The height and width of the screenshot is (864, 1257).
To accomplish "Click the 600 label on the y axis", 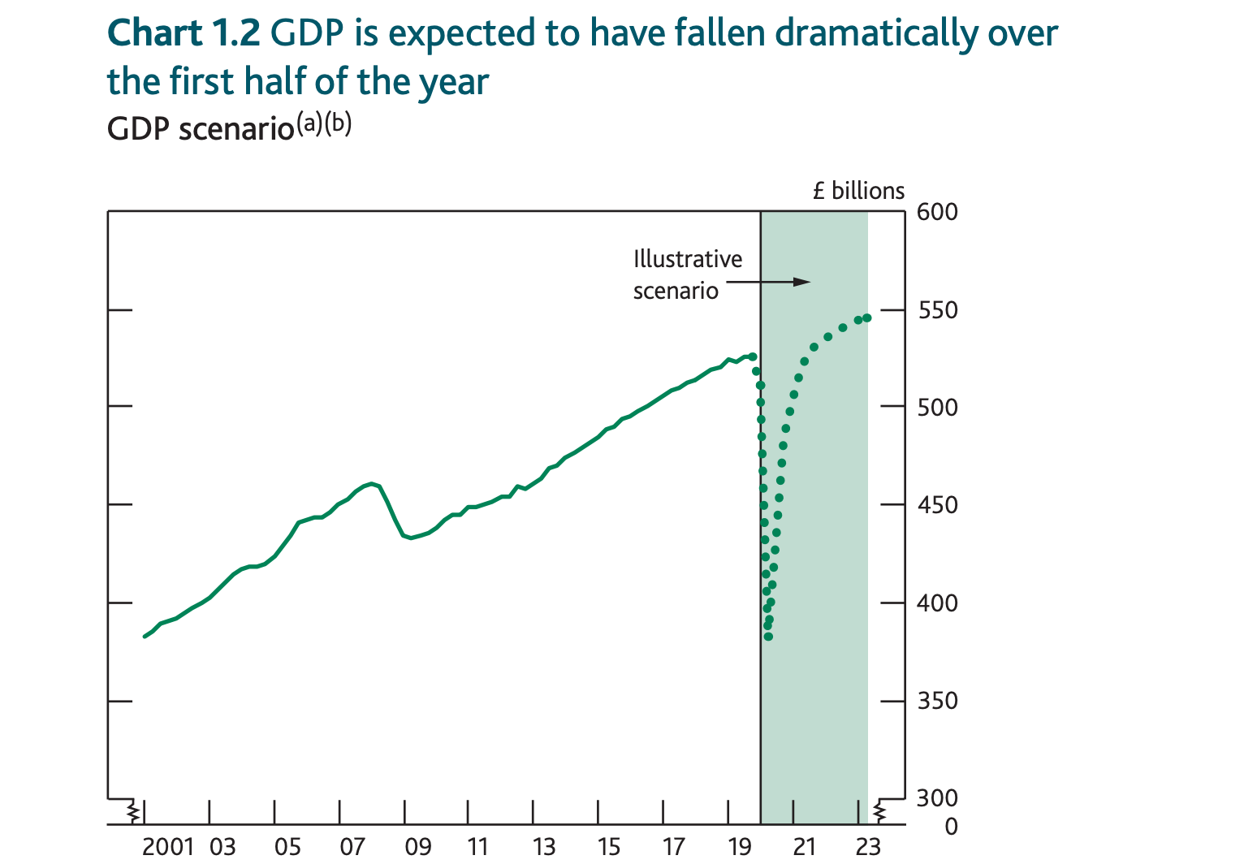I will click(x=937, y=212).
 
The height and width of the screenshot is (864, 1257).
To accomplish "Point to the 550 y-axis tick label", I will click(x=937, y=311).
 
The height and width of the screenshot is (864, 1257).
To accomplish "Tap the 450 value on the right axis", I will click(x=937, y=506).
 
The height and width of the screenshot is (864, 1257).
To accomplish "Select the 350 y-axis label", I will click(x=937, y=701).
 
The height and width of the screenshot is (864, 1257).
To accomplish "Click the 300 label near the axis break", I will click(x=937, y=798).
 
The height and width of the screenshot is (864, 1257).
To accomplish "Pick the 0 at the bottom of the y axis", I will click(x=952, y=827).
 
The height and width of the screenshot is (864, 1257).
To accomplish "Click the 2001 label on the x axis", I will click(x=167, y=846).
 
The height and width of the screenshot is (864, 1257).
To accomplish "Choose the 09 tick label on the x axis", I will click(x=417, y=846).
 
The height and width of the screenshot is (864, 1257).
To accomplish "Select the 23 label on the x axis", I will click(x=868, y=846).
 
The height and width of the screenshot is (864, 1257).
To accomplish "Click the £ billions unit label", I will click(x=858, y=191).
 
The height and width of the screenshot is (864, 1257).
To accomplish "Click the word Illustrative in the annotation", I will click(x=688, y=259).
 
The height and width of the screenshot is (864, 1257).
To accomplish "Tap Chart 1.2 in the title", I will click(x=184, y=34).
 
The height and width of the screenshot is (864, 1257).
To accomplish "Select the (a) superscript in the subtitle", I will click(x=309, y=123).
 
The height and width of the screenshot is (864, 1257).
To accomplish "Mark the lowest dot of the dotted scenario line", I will click(x=768, y=637).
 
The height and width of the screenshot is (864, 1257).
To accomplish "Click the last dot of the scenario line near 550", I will click(x=867, y=318).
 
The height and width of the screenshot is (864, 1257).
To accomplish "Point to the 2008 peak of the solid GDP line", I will click(x=372, y=484).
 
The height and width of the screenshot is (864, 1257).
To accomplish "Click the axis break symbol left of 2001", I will click(x=132, y=810).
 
